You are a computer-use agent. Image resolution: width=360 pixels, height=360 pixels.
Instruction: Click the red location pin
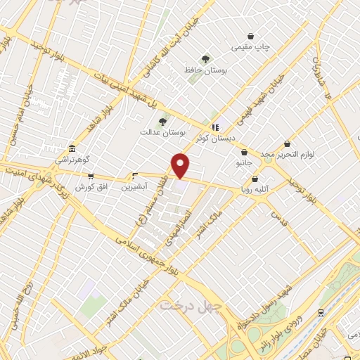click(x=181, y=165)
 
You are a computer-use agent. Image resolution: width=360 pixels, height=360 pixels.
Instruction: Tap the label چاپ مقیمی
click(x=251, y=49)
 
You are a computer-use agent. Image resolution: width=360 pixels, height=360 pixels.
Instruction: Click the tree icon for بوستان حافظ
click(x=205, y=59)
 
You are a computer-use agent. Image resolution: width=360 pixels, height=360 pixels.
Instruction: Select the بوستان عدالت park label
click(x=162, y=131)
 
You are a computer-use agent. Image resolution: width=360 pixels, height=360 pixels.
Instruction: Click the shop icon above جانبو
click(x=244, y=152)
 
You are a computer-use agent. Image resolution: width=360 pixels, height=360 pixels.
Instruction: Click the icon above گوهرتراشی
click(x=72, y=149)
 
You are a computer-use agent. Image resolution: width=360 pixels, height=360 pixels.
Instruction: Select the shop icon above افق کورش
click(x=89, y=176)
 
